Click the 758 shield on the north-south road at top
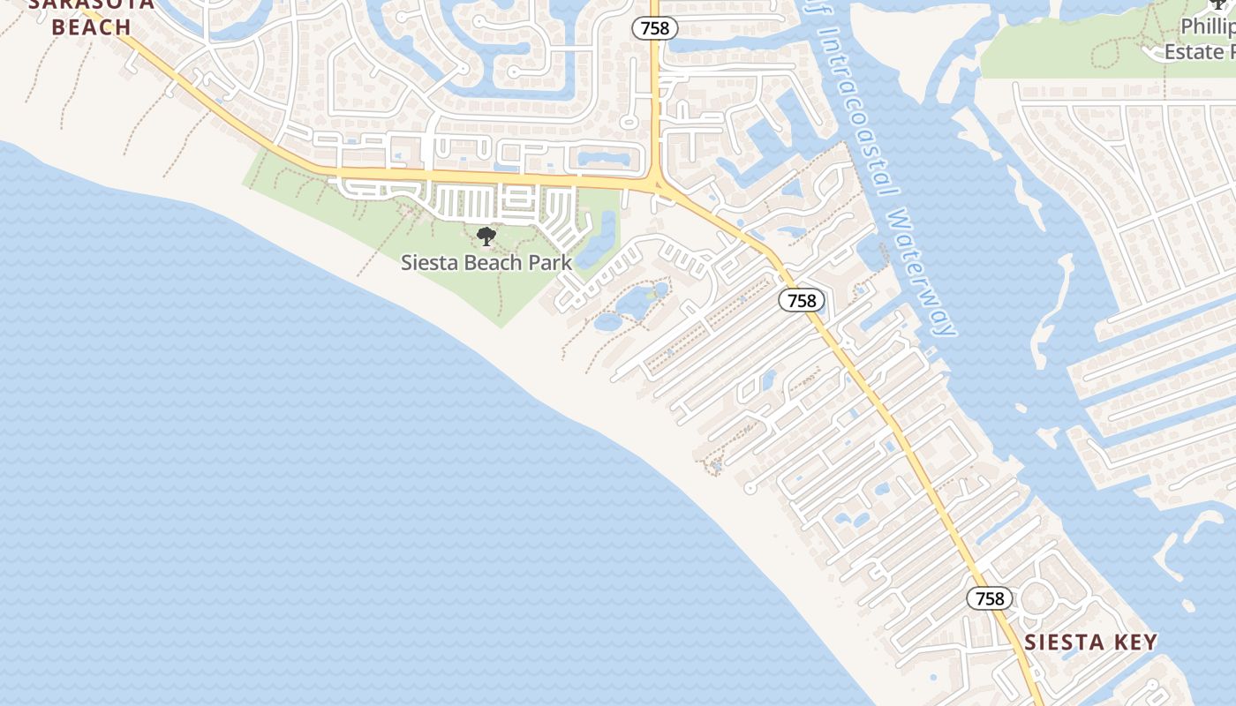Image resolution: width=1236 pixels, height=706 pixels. (x=655, y=28)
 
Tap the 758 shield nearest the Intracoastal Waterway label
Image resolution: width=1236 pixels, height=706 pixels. (x=802, y=300)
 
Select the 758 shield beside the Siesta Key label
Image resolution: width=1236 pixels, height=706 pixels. (x=990, y=598)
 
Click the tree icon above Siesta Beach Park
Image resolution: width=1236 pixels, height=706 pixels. (x=486, y=236)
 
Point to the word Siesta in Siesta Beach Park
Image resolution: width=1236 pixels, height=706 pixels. (x=430, y=262)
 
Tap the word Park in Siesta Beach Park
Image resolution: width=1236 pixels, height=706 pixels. (x=550, y=262)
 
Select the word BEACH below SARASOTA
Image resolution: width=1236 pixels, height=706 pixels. (x=92, y=27)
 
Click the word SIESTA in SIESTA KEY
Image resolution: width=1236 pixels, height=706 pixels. (x=1061, y=642)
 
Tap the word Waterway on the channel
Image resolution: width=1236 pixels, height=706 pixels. (x=923, y=274)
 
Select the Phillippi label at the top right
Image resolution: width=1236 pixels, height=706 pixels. (x=1210, y=26)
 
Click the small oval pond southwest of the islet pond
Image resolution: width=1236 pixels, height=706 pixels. (x=608, y=322)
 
